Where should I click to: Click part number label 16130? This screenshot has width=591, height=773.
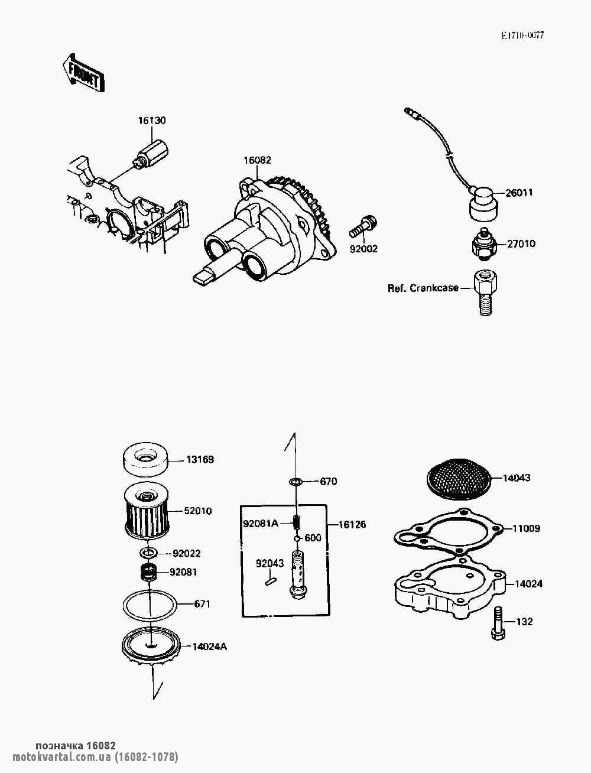(x=151, y=121)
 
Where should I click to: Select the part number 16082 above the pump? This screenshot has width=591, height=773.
(x=258, y=160)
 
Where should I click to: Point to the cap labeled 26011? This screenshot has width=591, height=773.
(x=483, y=204)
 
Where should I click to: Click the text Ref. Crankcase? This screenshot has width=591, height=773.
(x=423, y=288)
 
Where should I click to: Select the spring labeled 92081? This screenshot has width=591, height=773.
(x=148, y=572)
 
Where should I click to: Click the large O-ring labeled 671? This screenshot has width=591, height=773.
(x=150, y=605)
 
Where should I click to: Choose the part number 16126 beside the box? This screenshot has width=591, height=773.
(x=352, y=524)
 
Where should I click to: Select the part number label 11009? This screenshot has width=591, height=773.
(x=526, y=538)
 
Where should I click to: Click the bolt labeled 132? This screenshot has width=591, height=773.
(x=498, y=623)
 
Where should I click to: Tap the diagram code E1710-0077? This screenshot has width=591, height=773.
(x=523, y=35)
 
